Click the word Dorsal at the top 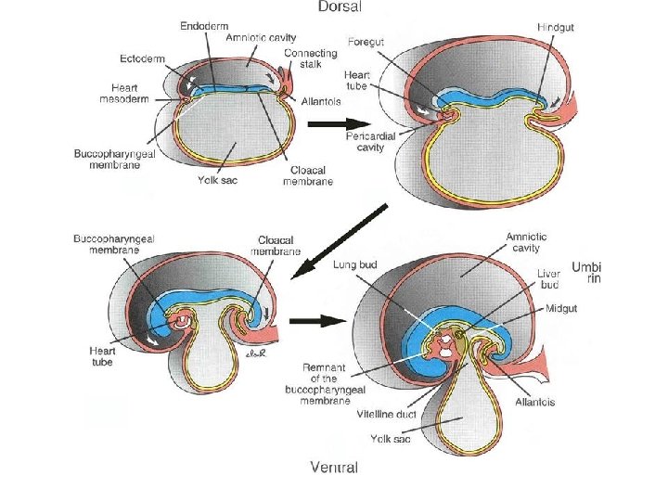[339, 7]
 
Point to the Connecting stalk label [311, 60]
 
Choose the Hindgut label [556, 28]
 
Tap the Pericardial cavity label [370, 141]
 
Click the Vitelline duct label [389, 417]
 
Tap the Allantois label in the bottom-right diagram [536, 403]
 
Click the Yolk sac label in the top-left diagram [217, 180]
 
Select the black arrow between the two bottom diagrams [317, 323]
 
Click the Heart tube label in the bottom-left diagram [103, 357]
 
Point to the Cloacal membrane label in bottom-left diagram [274, 245]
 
